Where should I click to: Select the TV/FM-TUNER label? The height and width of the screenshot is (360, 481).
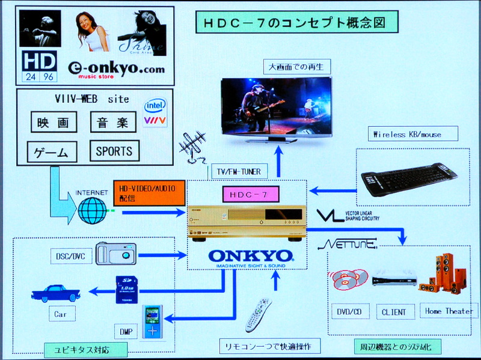[239, 172]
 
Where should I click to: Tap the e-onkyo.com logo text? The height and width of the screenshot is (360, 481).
[116, 69]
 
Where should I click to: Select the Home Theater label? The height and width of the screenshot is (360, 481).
[448, 311]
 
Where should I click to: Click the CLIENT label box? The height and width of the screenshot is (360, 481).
[394, 312]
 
